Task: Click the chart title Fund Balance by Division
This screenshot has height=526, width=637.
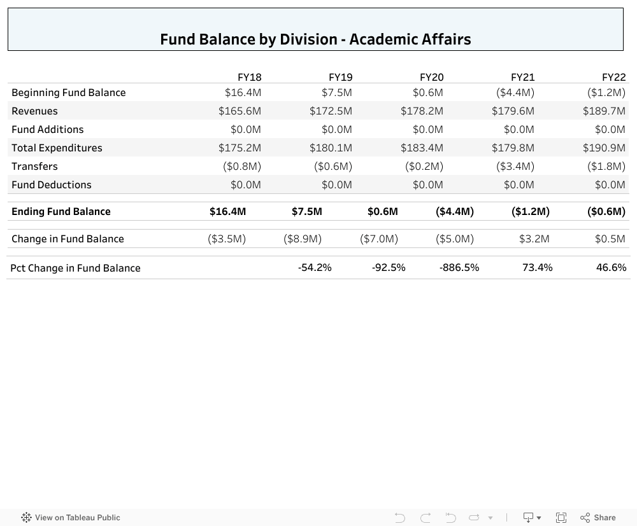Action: click(x=315, y=39)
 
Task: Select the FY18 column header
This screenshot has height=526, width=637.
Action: click(x=249, y=77)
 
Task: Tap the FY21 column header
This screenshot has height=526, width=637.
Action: click(x=522, y=77)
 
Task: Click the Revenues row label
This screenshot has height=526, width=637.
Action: click(x=34, y=111)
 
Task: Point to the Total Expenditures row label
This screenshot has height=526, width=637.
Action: click(x=57, y=148)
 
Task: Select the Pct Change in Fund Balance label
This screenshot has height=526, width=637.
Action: click(x=75, y=268)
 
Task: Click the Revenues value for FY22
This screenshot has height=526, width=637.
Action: click(x=604, y=111)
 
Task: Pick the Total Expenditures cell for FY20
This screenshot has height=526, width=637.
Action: click(x=422, y=148)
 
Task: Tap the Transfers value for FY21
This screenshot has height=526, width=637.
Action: click(x=515, y=166)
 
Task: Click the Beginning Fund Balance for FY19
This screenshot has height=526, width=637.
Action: click(x=336, y=92)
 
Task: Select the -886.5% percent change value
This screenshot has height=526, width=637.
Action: click(x=459, y=267)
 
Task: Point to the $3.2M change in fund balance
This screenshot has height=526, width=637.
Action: click(x=534, y=239)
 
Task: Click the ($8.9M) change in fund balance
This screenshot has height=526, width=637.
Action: click(x=303, y=239)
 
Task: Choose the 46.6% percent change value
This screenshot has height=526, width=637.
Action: click(x=611, y=267)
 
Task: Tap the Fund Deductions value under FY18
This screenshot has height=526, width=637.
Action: click(x=245, y=184)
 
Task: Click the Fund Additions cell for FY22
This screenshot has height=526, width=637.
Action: click(x=610, y=129)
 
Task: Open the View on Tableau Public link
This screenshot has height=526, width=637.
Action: click(x=71, y=518)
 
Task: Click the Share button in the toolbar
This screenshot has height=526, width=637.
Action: click(x=598, y=518)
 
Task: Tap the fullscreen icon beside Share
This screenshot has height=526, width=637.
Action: click(x=561, y=518)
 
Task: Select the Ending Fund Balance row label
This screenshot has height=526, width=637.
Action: click(x=61, y=211)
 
